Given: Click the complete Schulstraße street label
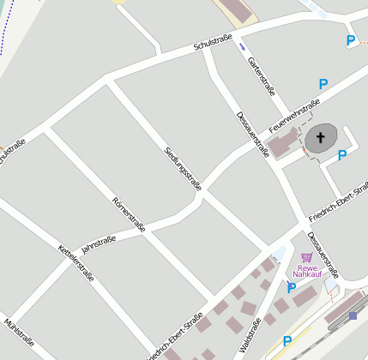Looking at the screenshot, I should tap(214, 39).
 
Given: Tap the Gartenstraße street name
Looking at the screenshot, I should tap(261, 76).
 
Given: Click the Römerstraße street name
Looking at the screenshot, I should tap(129, 214).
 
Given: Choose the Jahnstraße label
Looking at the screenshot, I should tap(98, 243).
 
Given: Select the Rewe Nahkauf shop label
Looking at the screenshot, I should tap(307, 270).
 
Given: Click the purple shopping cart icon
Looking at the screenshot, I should tap(306, 257).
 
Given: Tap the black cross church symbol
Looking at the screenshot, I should tap(323, 137).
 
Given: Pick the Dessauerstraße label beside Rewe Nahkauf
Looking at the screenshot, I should tap(323, 255).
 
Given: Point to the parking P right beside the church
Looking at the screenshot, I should tap(341, 155).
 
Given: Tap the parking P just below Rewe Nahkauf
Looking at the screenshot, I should tap(292, 288).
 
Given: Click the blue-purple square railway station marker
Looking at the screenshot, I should tap(353, 315).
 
